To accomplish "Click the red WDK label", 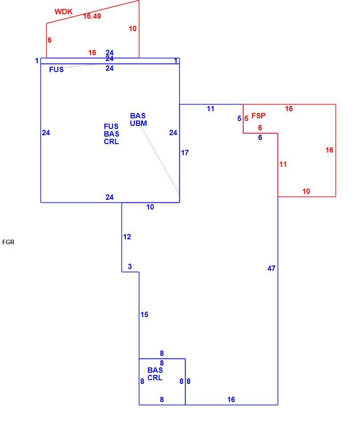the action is pyautogui.click(x=64, y=12).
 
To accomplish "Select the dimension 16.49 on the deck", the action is pyautogui.click(x=92, y=16).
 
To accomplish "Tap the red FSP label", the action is pyautogui.click(x=259, y=116).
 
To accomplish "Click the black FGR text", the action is pyautogui.click(x=8, y=242).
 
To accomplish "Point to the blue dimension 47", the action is pyautogui.click(x=271, y=269).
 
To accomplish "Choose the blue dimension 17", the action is pyautogui.click(x=185, y=153).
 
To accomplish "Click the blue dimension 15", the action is pyautogui.click(x=145, y=315).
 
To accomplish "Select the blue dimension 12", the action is pyautogui.click(x=127, y=237).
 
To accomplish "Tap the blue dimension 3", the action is pyautogui.click(x=130, y=266).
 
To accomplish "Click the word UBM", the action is pyautogui.click(x=138, y=123).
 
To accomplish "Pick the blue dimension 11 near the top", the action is pyautogui.click(x=210, y=109).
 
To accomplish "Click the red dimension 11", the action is pyautogui.click(x=283, y=165).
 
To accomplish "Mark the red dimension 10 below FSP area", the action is pyautogui.click(x=306, y=191).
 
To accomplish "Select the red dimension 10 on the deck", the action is pyautogui.click(x=133, y=28).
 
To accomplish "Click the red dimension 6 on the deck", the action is pyautogui.click(x=49, y=40).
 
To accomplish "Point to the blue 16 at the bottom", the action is pyautogui.click(x=231, y=399).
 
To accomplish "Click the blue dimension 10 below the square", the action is pyautogui.click(x=150, y=207).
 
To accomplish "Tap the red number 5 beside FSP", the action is pyautogui.click(x=247, y=119).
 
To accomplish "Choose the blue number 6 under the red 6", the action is pyautogui.click(x=260, y=137).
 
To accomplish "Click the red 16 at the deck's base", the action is pyautogui.click(x=92, y=52).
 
